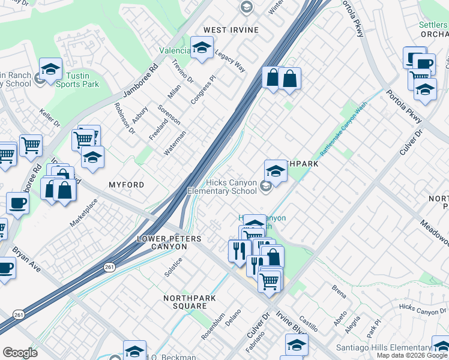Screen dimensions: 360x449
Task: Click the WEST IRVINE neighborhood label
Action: pyautogui.click(x=231, y=30)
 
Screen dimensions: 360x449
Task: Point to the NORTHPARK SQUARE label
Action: pyautogui.click(x=185, y=302)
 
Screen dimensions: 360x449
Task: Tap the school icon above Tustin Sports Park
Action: pyautogui.click(x=51, y=69)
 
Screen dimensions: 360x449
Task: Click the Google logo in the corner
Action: pyautogui.click(x=20, y=353)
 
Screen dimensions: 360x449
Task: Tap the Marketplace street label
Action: pyautogui.click(x=83, y=212)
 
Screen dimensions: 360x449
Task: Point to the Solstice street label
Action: pyautogui.click(x=173, y=268)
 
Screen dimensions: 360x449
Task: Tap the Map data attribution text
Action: pyautogui.click(x=412, y=355)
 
